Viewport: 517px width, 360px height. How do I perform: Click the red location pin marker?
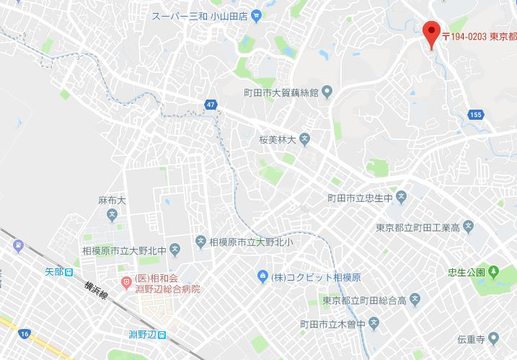point(431,33)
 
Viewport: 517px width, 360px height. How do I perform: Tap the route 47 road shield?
point(210,105)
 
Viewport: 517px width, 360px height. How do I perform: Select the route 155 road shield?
point(475,114)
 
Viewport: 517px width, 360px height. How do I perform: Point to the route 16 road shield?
point(25,333)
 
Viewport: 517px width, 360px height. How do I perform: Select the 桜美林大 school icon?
point(305,138)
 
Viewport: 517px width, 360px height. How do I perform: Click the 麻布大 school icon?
point(112,214)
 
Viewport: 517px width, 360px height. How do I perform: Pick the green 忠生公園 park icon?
point(493,273)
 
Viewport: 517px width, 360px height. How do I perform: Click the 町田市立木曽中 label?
point(335,321)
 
